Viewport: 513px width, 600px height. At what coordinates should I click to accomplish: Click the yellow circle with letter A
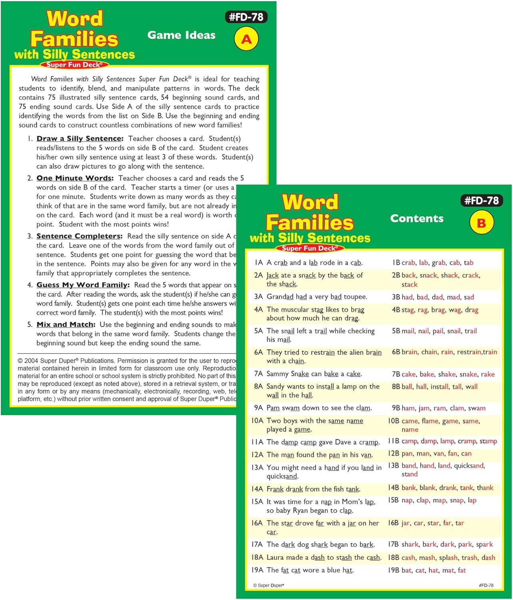(246, 39)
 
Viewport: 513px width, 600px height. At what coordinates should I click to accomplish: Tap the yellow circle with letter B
(481, 223)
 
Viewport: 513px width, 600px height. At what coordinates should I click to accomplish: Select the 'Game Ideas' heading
(181, 35)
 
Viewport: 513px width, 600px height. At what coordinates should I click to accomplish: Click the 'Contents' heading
(417, 218)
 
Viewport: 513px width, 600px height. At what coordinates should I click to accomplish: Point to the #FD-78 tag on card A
(246, 17)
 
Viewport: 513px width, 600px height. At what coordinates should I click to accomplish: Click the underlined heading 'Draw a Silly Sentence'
(80, 139)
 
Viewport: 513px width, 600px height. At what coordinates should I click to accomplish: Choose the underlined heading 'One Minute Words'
(75, 178)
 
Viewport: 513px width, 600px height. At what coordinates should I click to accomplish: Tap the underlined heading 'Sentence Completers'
(79, 236)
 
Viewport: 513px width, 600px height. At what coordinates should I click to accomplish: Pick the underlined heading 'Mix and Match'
(66, 325)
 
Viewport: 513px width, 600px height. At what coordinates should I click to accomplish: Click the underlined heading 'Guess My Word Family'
(83, 285)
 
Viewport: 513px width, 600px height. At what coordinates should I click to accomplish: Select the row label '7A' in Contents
(258, 374)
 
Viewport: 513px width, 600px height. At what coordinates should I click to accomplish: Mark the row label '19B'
(393, 570)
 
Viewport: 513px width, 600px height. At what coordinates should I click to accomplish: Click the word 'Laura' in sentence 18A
(275, 558)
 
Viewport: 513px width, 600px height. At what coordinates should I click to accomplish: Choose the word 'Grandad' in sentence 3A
(280, 297)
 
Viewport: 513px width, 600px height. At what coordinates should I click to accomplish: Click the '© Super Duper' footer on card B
(269, 586)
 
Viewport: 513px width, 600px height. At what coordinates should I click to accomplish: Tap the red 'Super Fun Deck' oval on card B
(310, 248)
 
